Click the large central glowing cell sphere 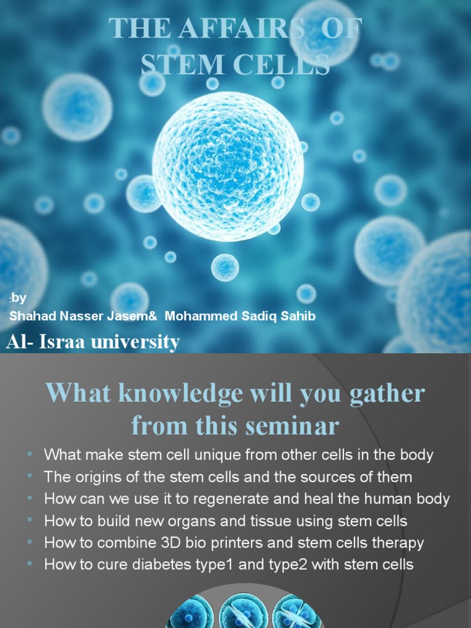pyautogui.click(x=228, y=167)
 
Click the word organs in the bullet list pyautogui.click(x=196, y=521)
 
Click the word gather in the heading pyautogui.click(x=386, y=393)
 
